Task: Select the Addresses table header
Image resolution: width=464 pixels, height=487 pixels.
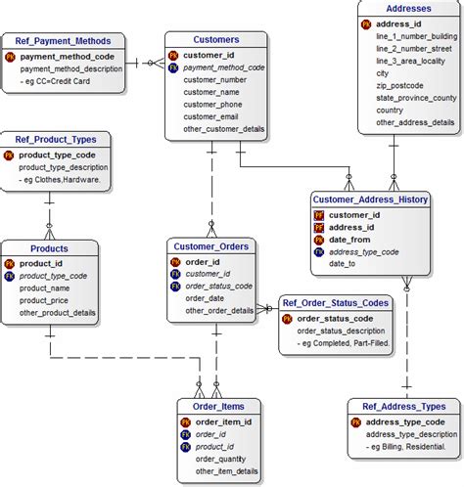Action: pos(409,8)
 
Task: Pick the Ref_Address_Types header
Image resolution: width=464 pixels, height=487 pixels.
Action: pos(403,406)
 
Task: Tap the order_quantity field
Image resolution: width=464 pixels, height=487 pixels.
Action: pos(220,459)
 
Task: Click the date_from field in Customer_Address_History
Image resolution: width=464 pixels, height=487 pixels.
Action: pos(349,240)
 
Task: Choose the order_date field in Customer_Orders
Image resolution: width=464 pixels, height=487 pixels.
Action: pos(208,298)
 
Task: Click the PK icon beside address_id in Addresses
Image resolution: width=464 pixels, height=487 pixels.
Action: pos(366,22)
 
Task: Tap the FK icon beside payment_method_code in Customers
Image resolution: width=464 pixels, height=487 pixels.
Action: pos(173,68)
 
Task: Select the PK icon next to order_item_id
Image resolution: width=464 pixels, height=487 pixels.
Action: pos(186,422)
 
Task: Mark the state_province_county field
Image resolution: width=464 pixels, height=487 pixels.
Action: pos(416,98)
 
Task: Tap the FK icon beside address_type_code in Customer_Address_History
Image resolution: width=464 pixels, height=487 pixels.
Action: pos(318,251)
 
